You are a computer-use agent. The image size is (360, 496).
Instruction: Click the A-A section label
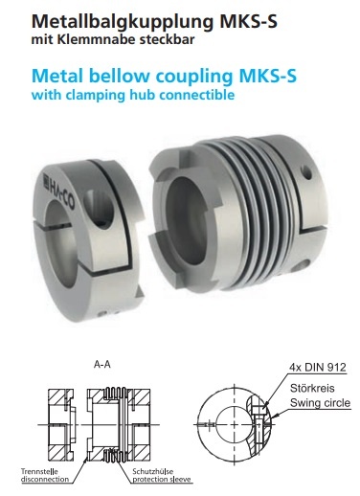point(102,364)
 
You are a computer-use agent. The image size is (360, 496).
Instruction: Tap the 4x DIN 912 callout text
point(318,368)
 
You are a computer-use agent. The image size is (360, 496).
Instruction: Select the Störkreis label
point(312,388)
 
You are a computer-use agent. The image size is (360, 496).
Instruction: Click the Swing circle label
point(320,403)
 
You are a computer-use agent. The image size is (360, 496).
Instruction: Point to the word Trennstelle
point(39,471)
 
